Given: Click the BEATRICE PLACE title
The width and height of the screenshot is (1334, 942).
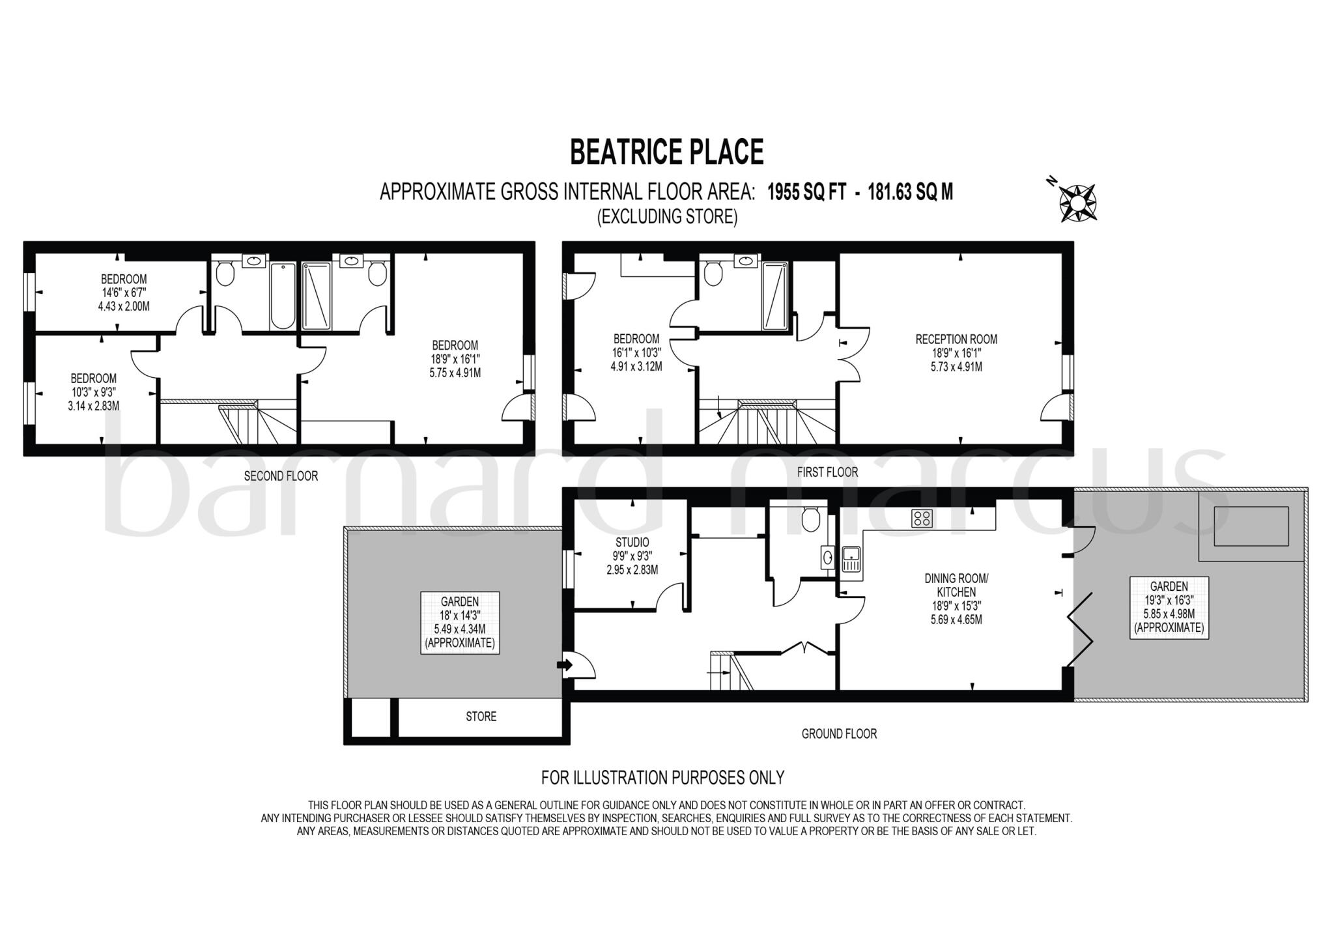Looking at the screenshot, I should click(666, 152).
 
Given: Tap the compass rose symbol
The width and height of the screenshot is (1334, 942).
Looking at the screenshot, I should click(1077, 203).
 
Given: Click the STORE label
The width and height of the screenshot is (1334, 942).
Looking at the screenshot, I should click(481, 717).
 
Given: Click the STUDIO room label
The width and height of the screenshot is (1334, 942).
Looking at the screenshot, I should click(632, 542).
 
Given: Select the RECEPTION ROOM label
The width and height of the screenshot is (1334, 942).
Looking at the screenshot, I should click(956, 339).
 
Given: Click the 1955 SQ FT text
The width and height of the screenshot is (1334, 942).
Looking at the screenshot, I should click(806, 192).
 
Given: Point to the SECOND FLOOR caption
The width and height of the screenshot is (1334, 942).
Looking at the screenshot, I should click(281, 476).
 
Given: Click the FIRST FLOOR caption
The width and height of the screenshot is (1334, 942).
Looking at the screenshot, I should click(827, 472).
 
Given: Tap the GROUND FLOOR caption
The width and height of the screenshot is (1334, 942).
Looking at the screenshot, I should click(839, 734).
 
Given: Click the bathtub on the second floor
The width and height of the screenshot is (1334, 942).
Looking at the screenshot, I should click(283, 296).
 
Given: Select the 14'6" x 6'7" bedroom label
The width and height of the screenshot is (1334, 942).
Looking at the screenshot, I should click(124, 293).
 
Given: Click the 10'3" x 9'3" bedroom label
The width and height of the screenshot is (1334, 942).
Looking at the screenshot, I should click(94, 392).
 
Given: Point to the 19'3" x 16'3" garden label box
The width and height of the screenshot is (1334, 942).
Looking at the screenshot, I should click(1169, 607).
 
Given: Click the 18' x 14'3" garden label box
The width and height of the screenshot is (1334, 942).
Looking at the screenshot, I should click(460, 622).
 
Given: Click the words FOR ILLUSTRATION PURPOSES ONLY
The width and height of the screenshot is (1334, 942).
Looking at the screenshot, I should click(662, 777).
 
